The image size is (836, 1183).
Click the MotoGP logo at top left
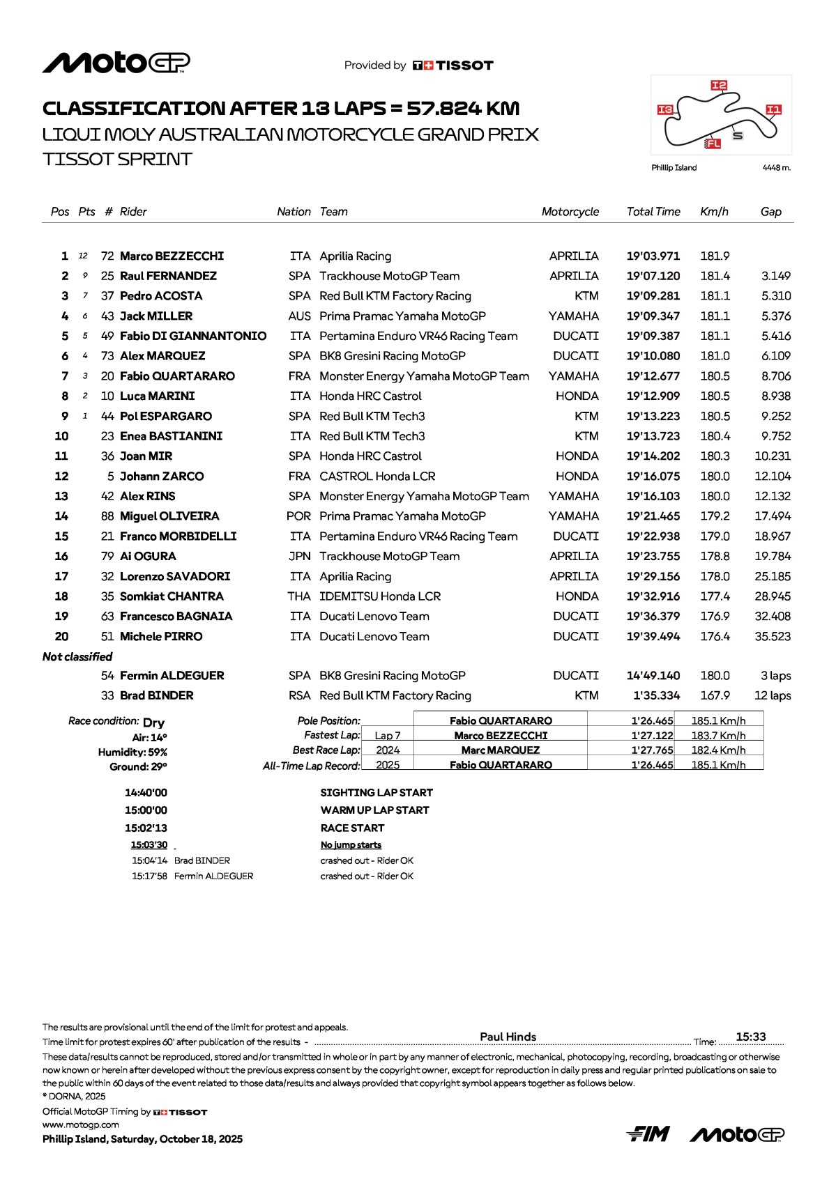[x=116, y=63]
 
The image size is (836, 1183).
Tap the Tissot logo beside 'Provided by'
[x=453, y=65]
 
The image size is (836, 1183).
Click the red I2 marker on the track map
[x=719, y=85]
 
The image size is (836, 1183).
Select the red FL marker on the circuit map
[x=713, y=144]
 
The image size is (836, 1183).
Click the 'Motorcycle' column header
[x=570, y=212]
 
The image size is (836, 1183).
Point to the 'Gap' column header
[x=770, y=212]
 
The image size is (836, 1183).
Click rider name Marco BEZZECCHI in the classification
[x=172, y=256]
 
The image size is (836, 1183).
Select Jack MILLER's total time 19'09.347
[x=653, y=316]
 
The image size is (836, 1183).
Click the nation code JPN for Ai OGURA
[x=300, y=557]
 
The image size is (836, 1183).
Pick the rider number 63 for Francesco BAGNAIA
[x=107, y=617]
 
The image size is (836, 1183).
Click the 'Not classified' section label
[x=77, y=657]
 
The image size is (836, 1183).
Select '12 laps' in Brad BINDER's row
[x=772, y=696]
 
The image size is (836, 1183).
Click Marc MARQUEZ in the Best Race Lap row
[x=500, y=750]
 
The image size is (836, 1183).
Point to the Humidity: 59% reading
[x=132, y=752]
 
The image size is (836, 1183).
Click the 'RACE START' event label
[x=352, y=828]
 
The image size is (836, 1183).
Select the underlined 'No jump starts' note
[x=351, y=845]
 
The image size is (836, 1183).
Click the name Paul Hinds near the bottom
[x=508, y=1037]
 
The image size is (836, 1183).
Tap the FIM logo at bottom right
[x=648, y=1134]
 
